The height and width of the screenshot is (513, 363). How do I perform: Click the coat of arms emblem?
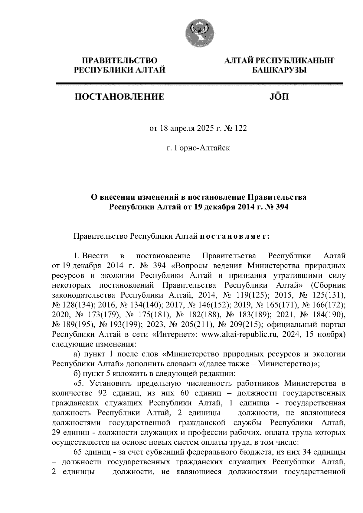[199, 34]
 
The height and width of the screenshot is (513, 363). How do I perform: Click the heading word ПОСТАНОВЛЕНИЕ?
[120, 97]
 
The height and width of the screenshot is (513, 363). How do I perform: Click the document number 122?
[241, 128]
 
